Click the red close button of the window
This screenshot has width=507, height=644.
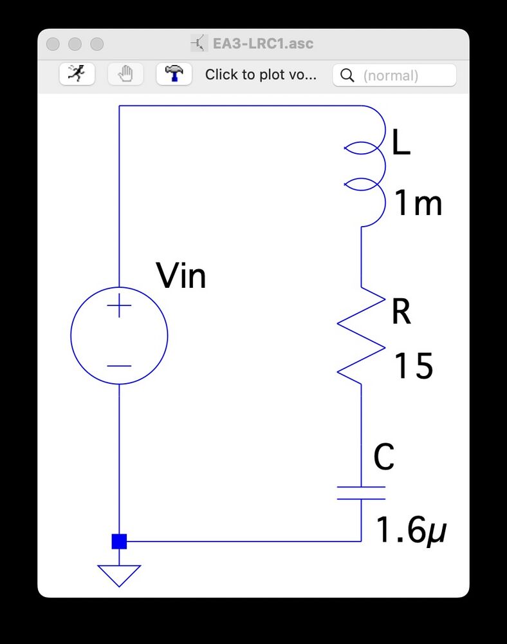coord(53,44)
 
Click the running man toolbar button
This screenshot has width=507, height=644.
coord(77,75)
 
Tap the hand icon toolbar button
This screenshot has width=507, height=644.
coord(125,75)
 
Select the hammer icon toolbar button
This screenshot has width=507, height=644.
coord(174,75)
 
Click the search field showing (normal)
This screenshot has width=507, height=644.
coord(394,75)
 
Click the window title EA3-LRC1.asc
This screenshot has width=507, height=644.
coord(263,44)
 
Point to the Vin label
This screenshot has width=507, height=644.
coord(181,277)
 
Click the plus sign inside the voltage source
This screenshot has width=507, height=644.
coord(119,307)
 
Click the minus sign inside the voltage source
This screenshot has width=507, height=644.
coord(119,366)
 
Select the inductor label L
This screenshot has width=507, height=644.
coord(401,146)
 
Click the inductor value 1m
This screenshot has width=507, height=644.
coord(418,205)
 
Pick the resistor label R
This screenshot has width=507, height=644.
coord(401,313)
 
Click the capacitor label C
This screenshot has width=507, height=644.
coord(384,458)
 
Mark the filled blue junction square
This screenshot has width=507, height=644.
coord(119,541)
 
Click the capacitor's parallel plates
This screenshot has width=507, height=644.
coord(361,493)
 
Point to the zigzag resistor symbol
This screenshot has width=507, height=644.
coord(361,336)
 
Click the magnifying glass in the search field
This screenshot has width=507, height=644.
coord(347,75)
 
